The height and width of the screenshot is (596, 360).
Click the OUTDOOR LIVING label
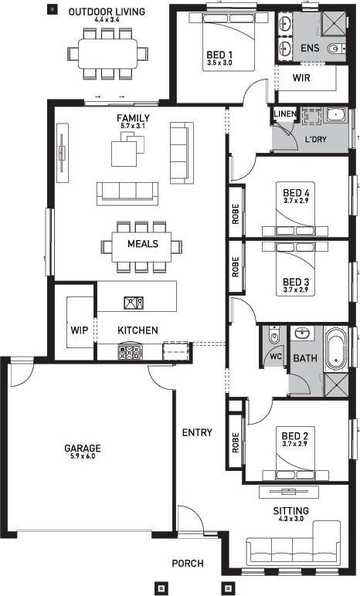point(107,12)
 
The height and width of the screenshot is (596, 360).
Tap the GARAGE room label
point(83,448)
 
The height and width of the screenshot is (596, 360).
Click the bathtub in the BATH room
point(338,350)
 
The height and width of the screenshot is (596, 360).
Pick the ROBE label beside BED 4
point(236,212)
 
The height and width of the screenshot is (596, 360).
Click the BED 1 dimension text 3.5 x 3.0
point(219,64)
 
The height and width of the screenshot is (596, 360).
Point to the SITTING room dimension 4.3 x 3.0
point(291,520)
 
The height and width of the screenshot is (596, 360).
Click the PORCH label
point(188,564)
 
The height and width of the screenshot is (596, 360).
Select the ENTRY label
point(197,432)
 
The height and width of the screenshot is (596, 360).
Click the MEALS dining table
point(142,245)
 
